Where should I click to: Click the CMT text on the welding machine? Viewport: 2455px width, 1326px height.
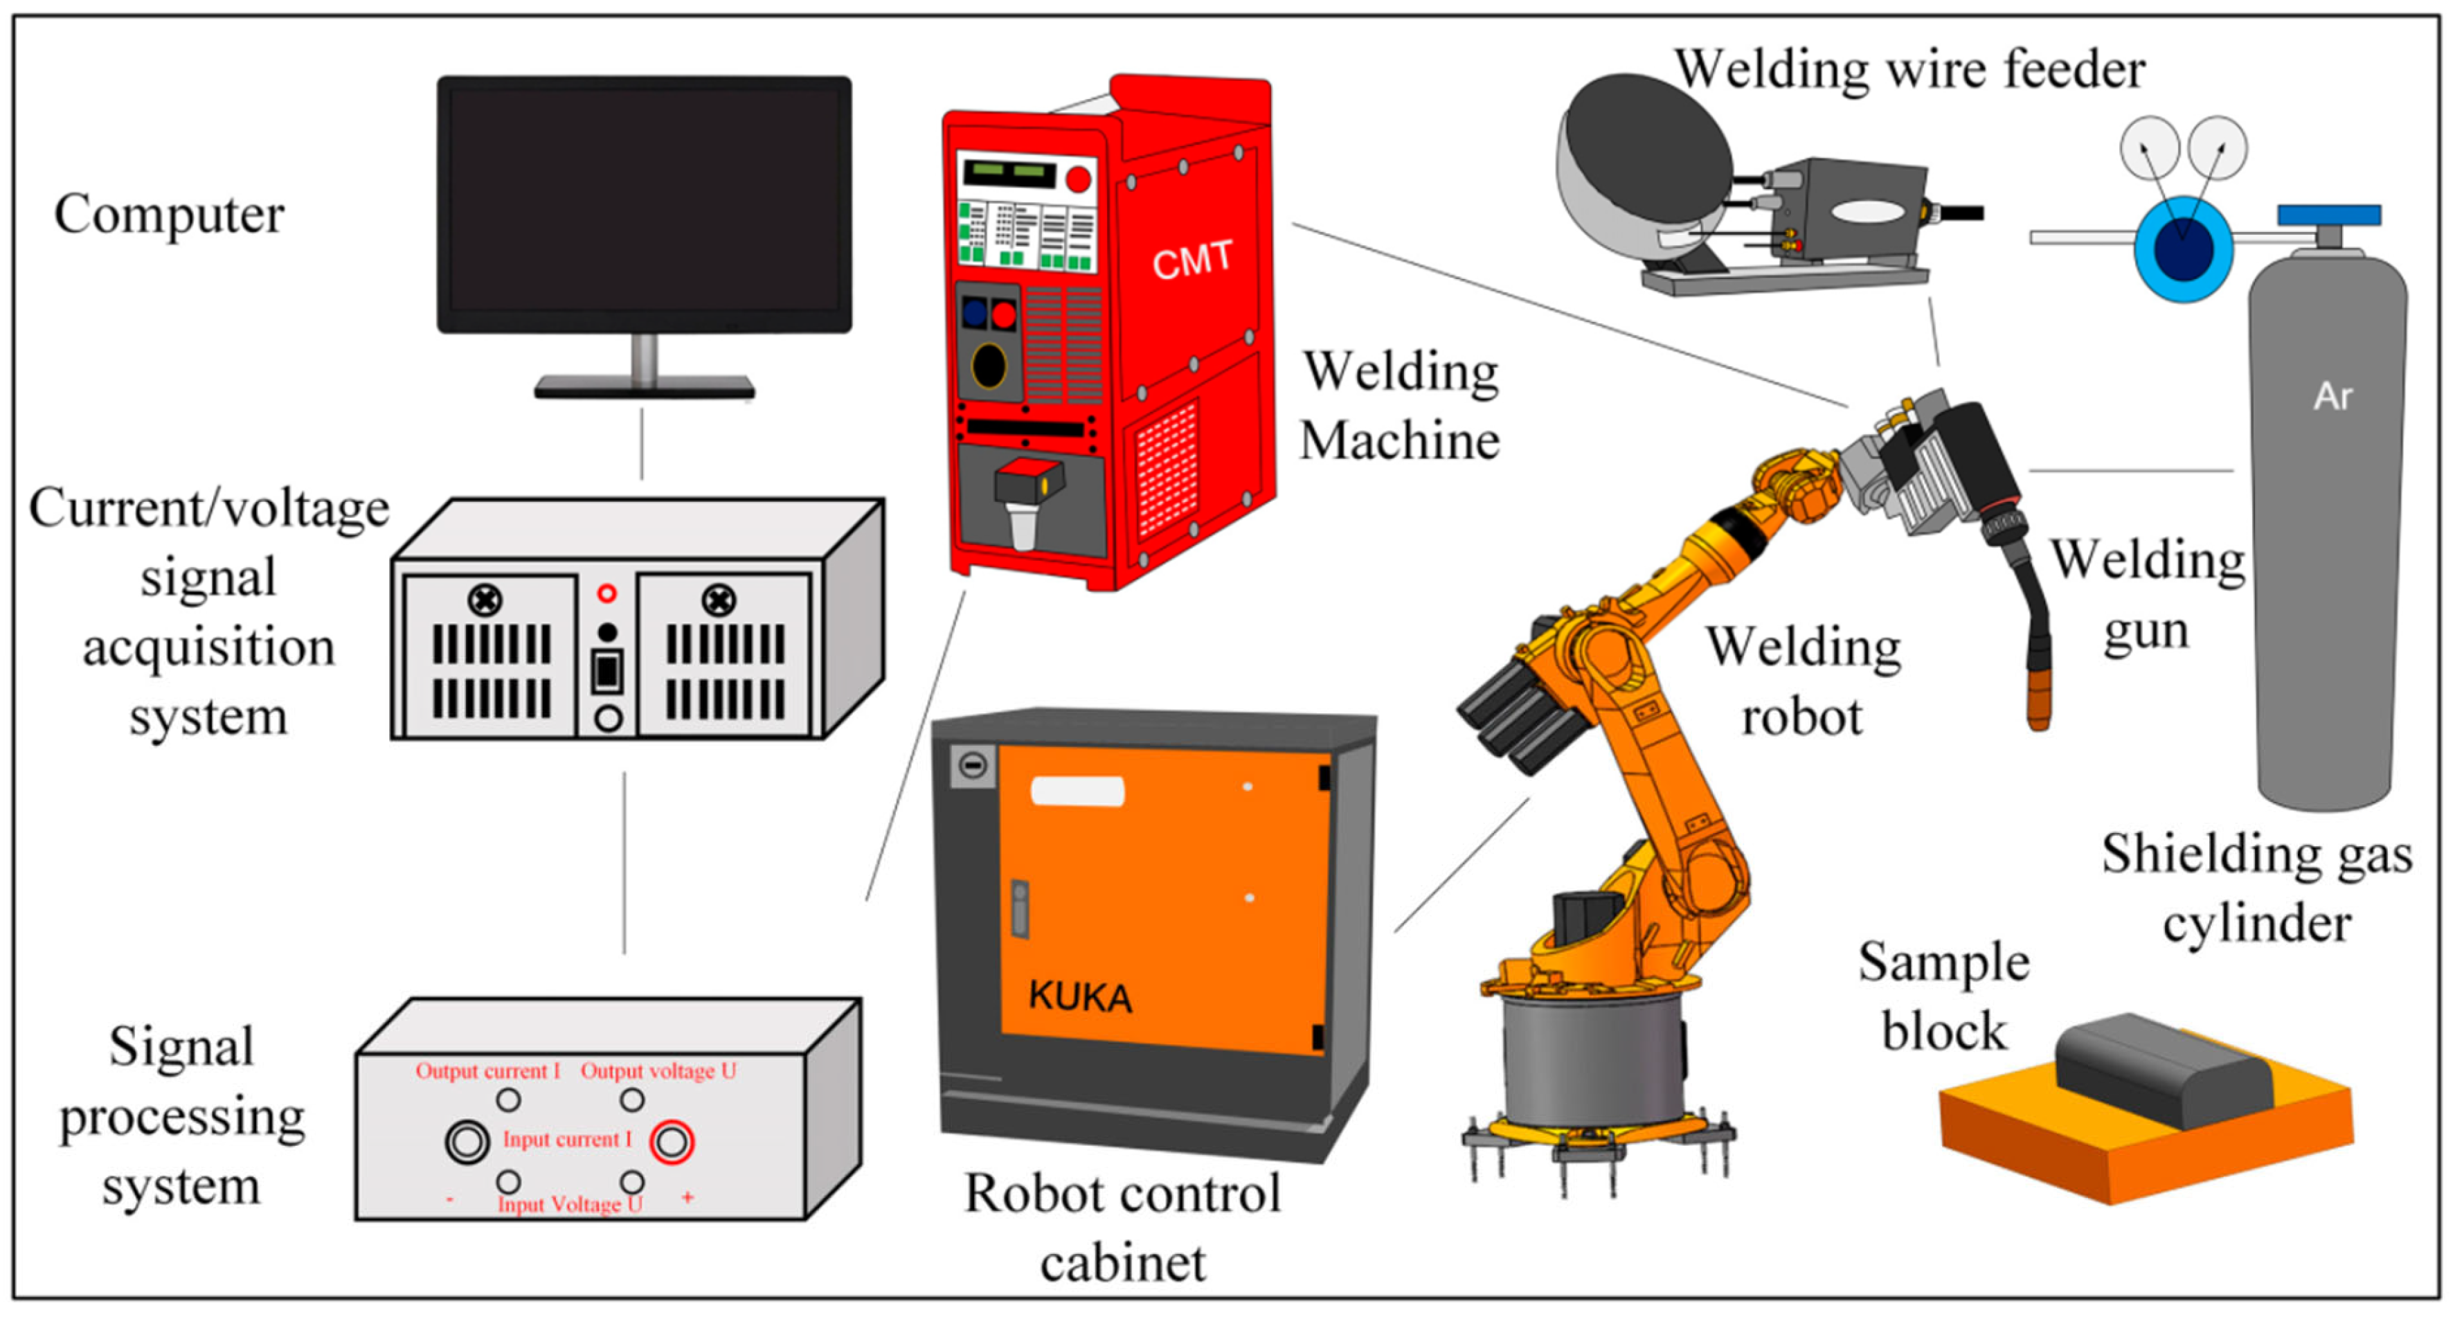(x=1191, y=259)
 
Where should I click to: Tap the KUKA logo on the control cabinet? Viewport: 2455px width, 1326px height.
(x=1080, y=996)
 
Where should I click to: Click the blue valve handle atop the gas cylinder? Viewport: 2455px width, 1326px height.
(x=2328, y=215)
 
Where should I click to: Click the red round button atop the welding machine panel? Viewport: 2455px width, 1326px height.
(x=1078, y=178)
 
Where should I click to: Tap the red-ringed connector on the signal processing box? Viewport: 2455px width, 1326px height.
(x=671, y=1141)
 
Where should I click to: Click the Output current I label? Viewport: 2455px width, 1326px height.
(x=487, y=1070)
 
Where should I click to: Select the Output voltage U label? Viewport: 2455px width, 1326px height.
(x=658, y=1070)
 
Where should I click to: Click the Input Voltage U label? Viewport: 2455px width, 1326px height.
(x=570, y=1204)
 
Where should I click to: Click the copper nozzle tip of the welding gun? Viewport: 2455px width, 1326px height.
(x=2038, y=701)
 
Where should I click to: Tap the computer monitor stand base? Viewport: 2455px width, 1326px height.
(x=645, y=387)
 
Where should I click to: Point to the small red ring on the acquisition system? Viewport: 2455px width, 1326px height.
(x=607, y=593)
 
